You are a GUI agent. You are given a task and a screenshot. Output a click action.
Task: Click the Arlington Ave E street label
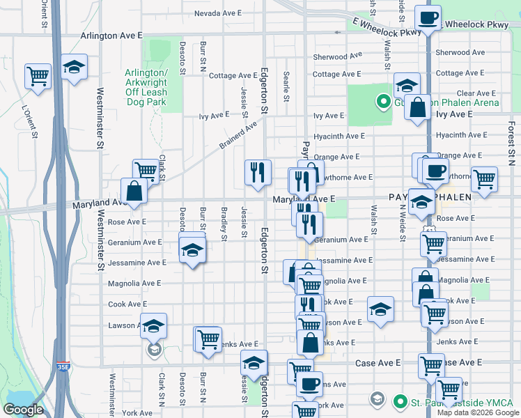click(x=111, y=34)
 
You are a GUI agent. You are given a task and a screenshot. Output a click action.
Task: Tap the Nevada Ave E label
click(x=217, y=13)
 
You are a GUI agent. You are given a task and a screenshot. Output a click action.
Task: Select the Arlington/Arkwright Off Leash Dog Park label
click(x=146, y=87)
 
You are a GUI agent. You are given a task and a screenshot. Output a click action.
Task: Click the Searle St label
click(x=286, y=86)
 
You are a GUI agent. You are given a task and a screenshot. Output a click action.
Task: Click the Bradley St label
click(x=224, y=224)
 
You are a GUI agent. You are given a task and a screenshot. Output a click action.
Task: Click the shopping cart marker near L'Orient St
click(x=38, y=75)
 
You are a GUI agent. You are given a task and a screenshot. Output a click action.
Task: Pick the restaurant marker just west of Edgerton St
click(x=258, y=171)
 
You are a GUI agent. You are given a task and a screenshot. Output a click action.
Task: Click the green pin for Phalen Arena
click(x=382, y=103)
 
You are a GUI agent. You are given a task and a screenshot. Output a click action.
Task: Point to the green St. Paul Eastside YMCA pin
click(x=400, y=401)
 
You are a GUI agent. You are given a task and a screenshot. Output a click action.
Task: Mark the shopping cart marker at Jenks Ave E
click(x=208, y=339)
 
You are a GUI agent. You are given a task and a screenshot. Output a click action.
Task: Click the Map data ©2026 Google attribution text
click(x=477, y=412)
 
